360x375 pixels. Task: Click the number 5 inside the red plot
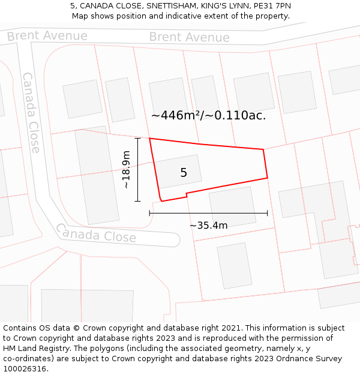[x=184, y=173]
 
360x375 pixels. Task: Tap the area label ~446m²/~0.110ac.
[x=208, y=115]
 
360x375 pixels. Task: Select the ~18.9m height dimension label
[x=126, y=170]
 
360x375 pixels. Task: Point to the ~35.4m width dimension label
[x=208, y=226]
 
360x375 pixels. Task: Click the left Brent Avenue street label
[x=47, y=36]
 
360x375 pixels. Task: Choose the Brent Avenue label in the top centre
[x=189, y=37]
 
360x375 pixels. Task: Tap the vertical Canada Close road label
[x=31, y=112]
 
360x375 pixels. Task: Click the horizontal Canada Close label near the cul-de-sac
[x=96, y=233]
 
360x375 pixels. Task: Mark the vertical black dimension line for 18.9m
[x=138, y=170]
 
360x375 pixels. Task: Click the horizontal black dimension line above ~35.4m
[x=208, y=213]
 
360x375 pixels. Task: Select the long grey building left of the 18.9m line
[x=96, y=175]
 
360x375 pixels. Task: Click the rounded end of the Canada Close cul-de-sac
[x=174, y=241]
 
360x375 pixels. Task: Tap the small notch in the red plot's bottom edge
[x=187, y=194]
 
